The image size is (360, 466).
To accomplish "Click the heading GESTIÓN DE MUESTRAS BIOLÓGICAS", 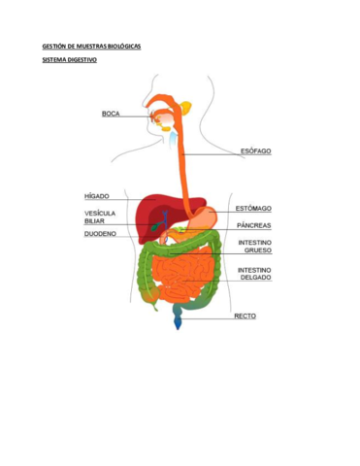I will click(x=90, y=46).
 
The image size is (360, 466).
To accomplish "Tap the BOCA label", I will click(x=111, y=114).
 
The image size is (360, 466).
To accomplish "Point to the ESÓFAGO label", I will click(x=255, y=150).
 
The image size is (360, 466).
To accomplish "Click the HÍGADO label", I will click(x=96, y=195).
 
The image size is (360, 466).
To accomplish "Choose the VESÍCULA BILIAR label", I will click(x=100, y=216).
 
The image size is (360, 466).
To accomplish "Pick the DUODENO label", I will click(x=100, y=233).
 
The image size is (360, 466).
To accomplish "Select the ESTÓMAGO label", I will click(x=254, y=208).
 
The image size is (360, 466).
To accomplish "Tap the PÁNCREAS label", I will click(x=254, y=225).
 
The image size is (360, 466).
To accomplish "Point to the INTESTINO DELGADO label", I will click(x=254, y=273).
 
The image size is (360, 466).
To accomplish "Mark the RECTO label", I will click(x=245, y=316).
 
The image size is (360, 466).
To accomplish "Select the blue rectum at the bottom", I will click(x=178, y=318).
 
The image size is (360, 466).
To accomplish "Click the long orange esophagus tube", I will click(x=181, y=165).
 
